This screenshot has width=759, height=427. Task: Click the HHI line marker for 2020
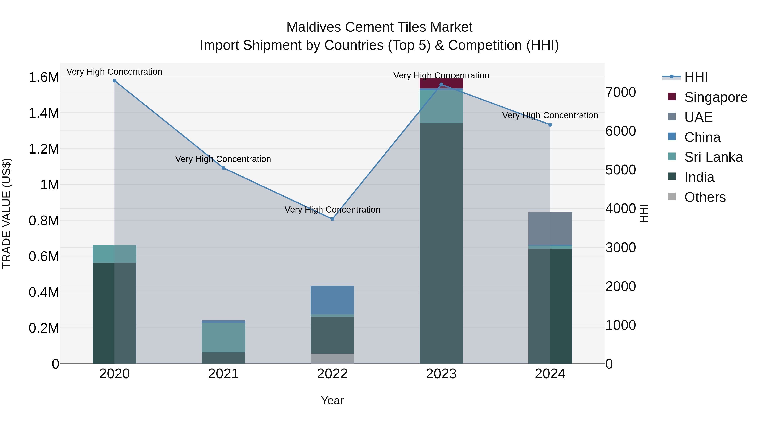point(115,81)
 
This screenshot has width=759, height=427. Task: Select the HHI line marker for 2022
point(332,219)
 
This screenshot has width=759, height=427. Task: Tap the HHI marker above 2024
point(550,125)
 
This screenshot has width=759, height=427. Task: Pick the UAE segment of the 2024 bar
point(550,228)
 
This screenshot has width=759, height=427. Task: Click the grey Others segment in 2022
point(332,359)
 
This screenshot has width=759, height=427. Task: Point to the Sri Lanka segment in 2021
point(223,337)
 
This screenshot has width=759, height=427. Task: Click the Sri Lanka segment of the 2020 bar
point(115,254)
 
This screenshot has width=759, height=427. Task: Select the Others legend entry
point(705,197)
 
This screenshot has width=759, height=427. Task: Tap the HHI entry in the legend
point(696,77)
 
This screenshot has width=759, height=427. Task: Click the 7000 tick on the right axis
point(620,92)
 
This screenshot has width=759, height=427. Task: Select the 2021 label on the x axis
point(223,374)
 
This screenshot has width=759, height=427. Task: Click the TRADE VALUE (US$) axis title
point(7,213)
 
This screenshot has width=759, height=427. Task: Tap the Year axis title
point(332,400)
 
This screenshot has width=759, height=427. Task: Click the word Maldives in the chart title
point(314,27)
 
